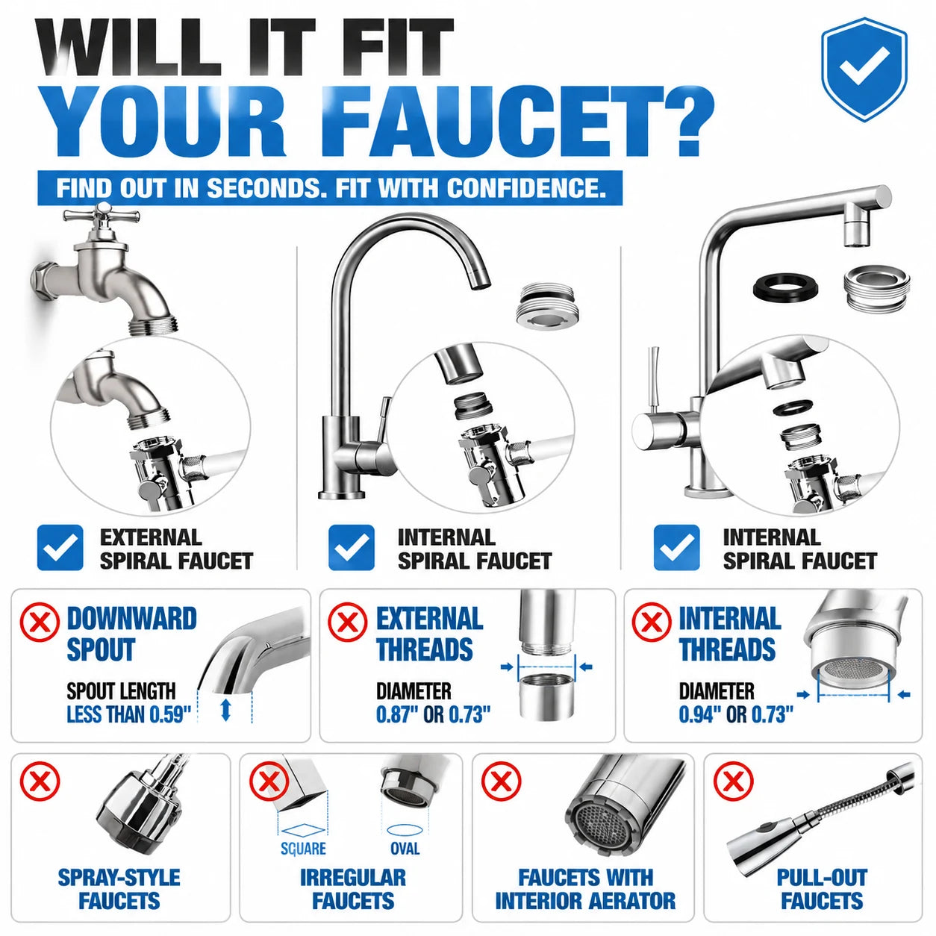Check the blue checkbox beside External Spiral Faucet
[60, 547]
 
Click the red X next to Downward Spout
[40, 622]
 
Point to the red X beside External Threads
[348, 622]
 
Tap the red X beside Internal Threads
[652, 622]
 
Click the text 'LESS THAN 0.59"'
[129, 714]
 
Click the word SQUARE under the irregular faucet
[303, 848]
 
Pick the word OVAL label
[405, 848]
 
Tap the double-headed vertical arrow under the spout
[225, 710]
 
